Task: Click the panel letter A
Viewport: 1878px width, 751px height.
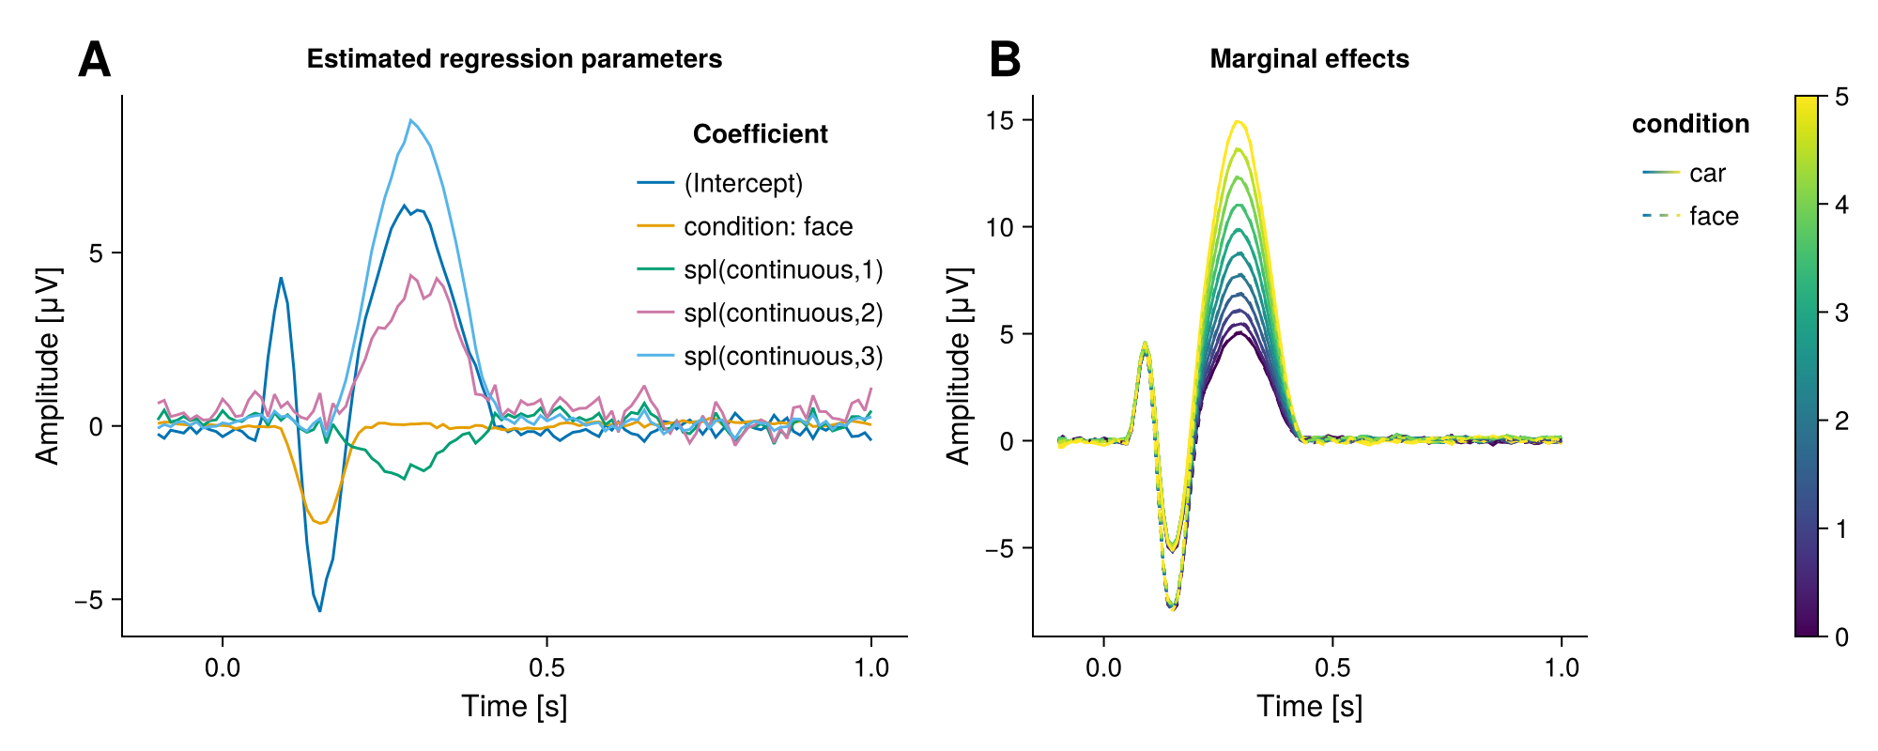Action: (95, 60)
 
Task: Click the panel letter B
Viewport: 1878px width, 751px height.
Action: (1005, 60)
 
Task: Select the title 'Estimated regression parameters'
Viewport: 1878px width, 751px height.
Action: (515, 59)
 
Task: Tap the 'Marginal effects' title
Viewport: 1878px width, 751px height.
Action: (1309, 59)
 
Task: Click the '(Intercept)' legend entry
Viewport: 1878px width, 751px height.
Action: (743, 183)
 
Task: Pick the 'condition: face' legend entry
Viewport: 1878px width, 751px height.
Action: (767, 226)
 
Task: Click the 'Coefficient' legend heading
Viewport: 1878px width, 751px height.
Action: (760, 134)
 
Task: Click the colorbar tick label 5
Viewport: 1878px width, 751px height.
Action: (1841, 97)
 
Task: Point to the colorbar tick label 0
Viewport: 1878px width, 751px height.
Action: (1841, 636)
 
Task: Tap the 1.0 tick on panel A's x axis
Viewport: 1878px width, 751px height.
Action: (871, 667)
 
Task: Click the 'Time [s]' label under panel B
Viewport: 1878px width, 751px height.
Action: (1309, 706)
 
